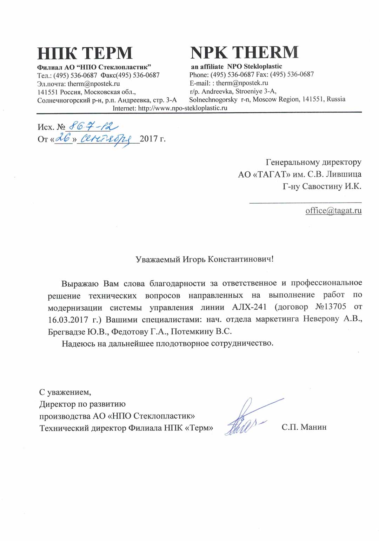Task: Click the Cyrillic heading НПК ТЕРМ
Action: point(85,53)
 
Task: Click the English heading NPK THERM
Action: point(244,53)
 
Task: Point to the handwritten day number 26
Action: point(64,138)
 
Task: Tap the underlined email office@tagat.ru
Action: point(333,211)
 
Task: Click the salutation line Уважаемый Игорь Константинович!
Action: point(204,259)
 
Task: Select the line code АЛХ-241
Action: point(249,307)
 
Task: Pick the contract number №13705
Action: point(330,307)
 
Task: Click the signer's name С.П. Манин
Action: point(304,427)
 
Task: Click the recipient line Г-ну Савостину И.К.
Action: point(322,186)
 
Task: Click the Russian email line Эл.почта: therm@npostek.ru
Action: point(79,84)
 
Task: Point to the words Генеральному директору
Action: point(313,162)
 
